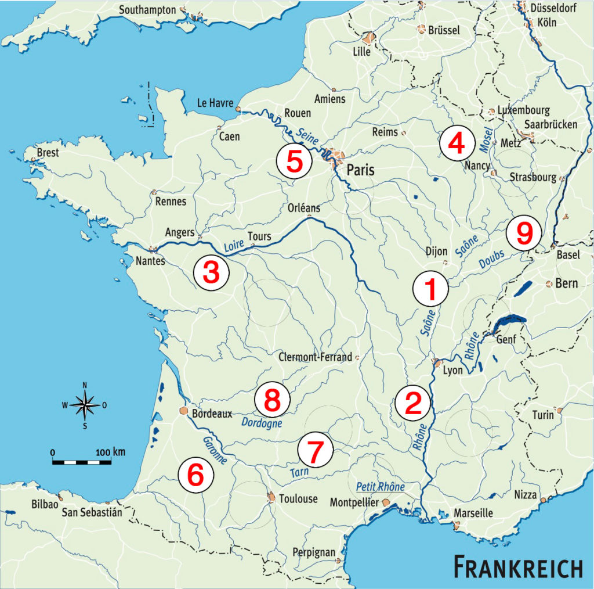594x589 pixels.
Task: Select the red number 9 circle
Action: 523,234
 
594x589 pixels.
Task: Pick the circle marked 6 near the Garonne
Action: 195,475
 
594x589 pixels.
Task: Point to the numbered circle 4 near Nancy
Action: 455,144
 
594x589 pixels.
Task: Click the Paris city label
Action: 361,170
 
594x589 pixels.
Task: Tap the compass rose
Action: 85,404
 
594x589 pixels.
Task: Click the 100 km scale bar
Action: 82,462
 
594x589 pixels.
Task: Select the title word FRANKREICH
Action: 518,567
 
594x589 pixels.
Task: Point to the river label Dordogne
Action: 261,423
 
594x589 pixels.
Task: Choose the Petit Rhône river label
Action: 380,486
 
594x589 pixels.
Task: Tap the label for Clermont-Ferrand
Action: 315,357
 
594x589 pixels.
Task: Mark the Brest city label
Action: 48,152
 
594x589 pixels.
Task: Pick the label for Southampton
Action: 147,10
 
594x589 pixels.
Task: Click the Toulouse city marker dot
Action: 270,497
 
